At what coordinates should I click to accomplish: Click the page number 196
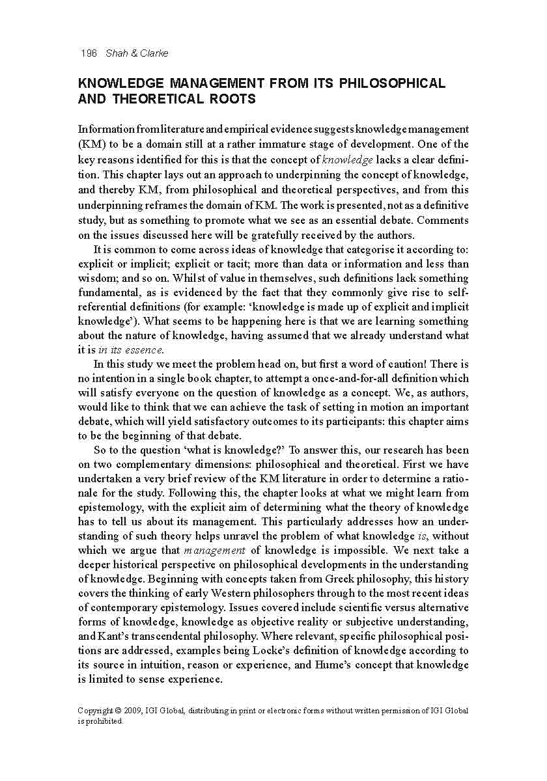click(x=89, y=53)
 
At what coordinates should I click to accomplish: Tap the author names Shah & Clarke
click(x=137, y=53)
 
